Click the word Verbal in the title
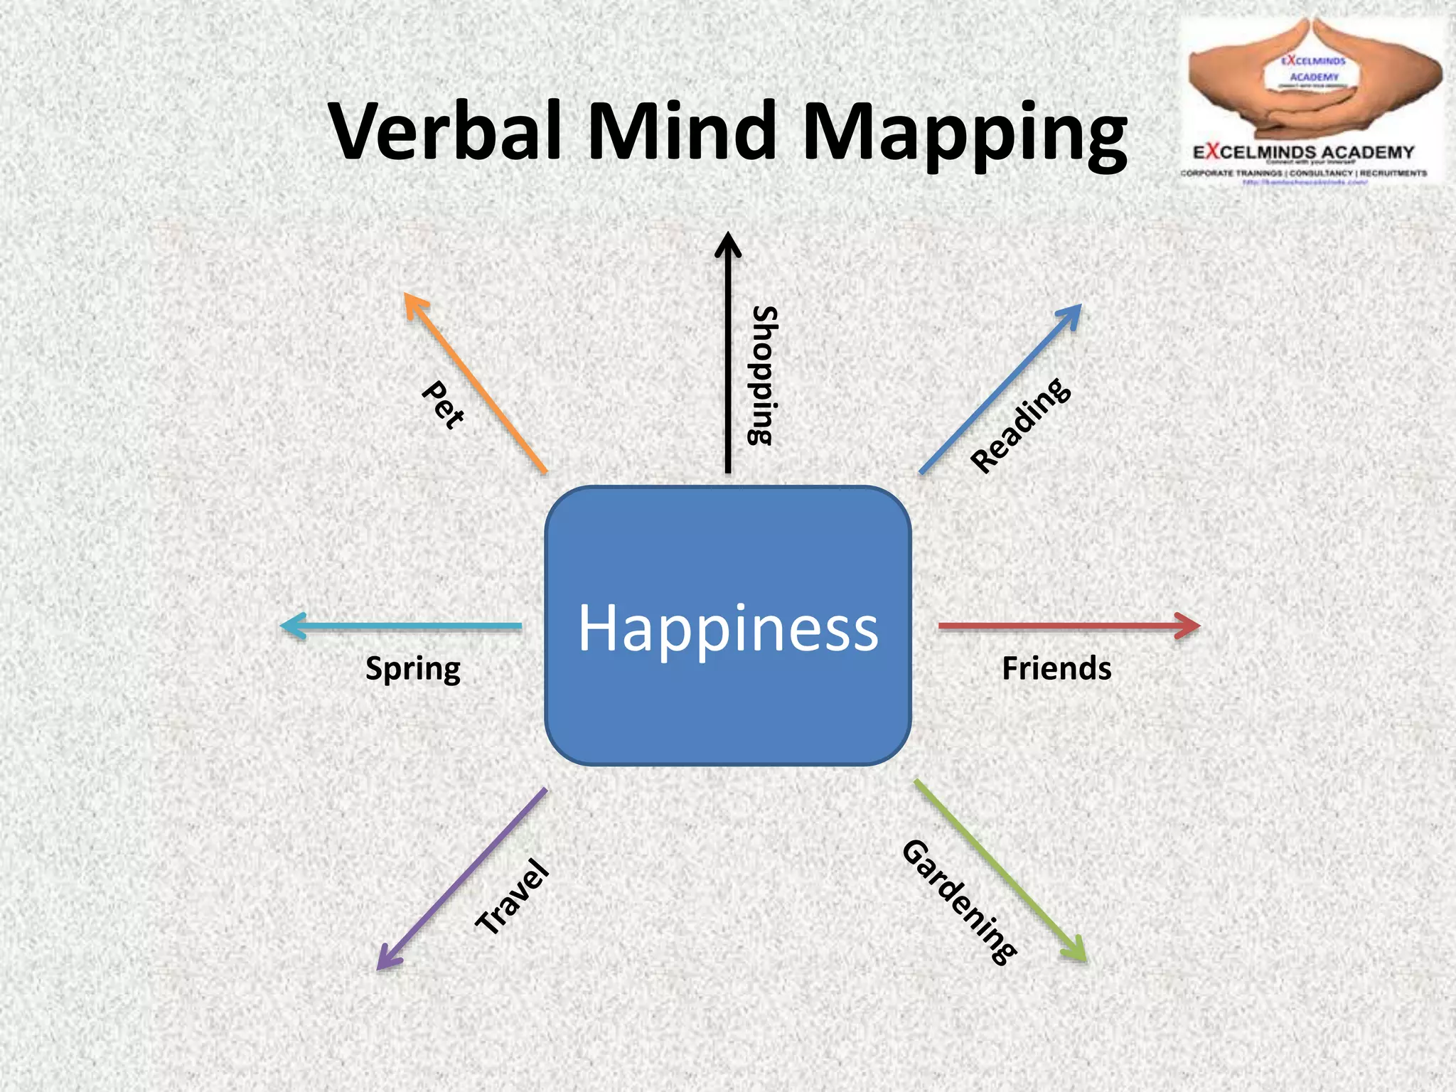coord(452,132)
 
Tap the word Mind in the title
coord(681,132)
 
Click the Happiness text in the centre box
coord(728,628)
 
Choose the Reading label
coord(1020,425)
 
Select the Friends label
coord(1056,669)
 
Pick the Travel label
coord(513,897)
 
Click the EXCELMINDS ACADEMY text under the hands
coord(1303,152)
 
